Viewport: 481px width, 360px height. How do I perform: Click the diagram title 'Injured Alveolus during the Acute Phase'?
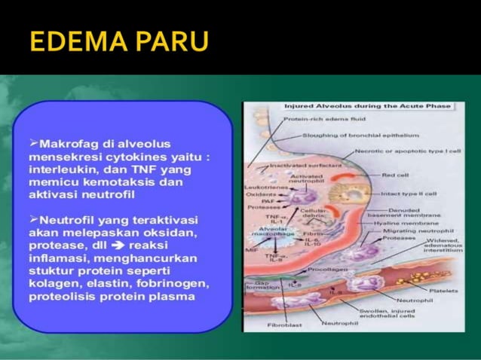(366, 107)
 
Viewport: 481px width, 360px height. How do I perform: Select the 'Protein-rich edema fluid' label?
(321, 119)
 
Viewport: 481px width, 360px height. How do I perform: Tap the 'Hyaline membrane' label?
(403, 224)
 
